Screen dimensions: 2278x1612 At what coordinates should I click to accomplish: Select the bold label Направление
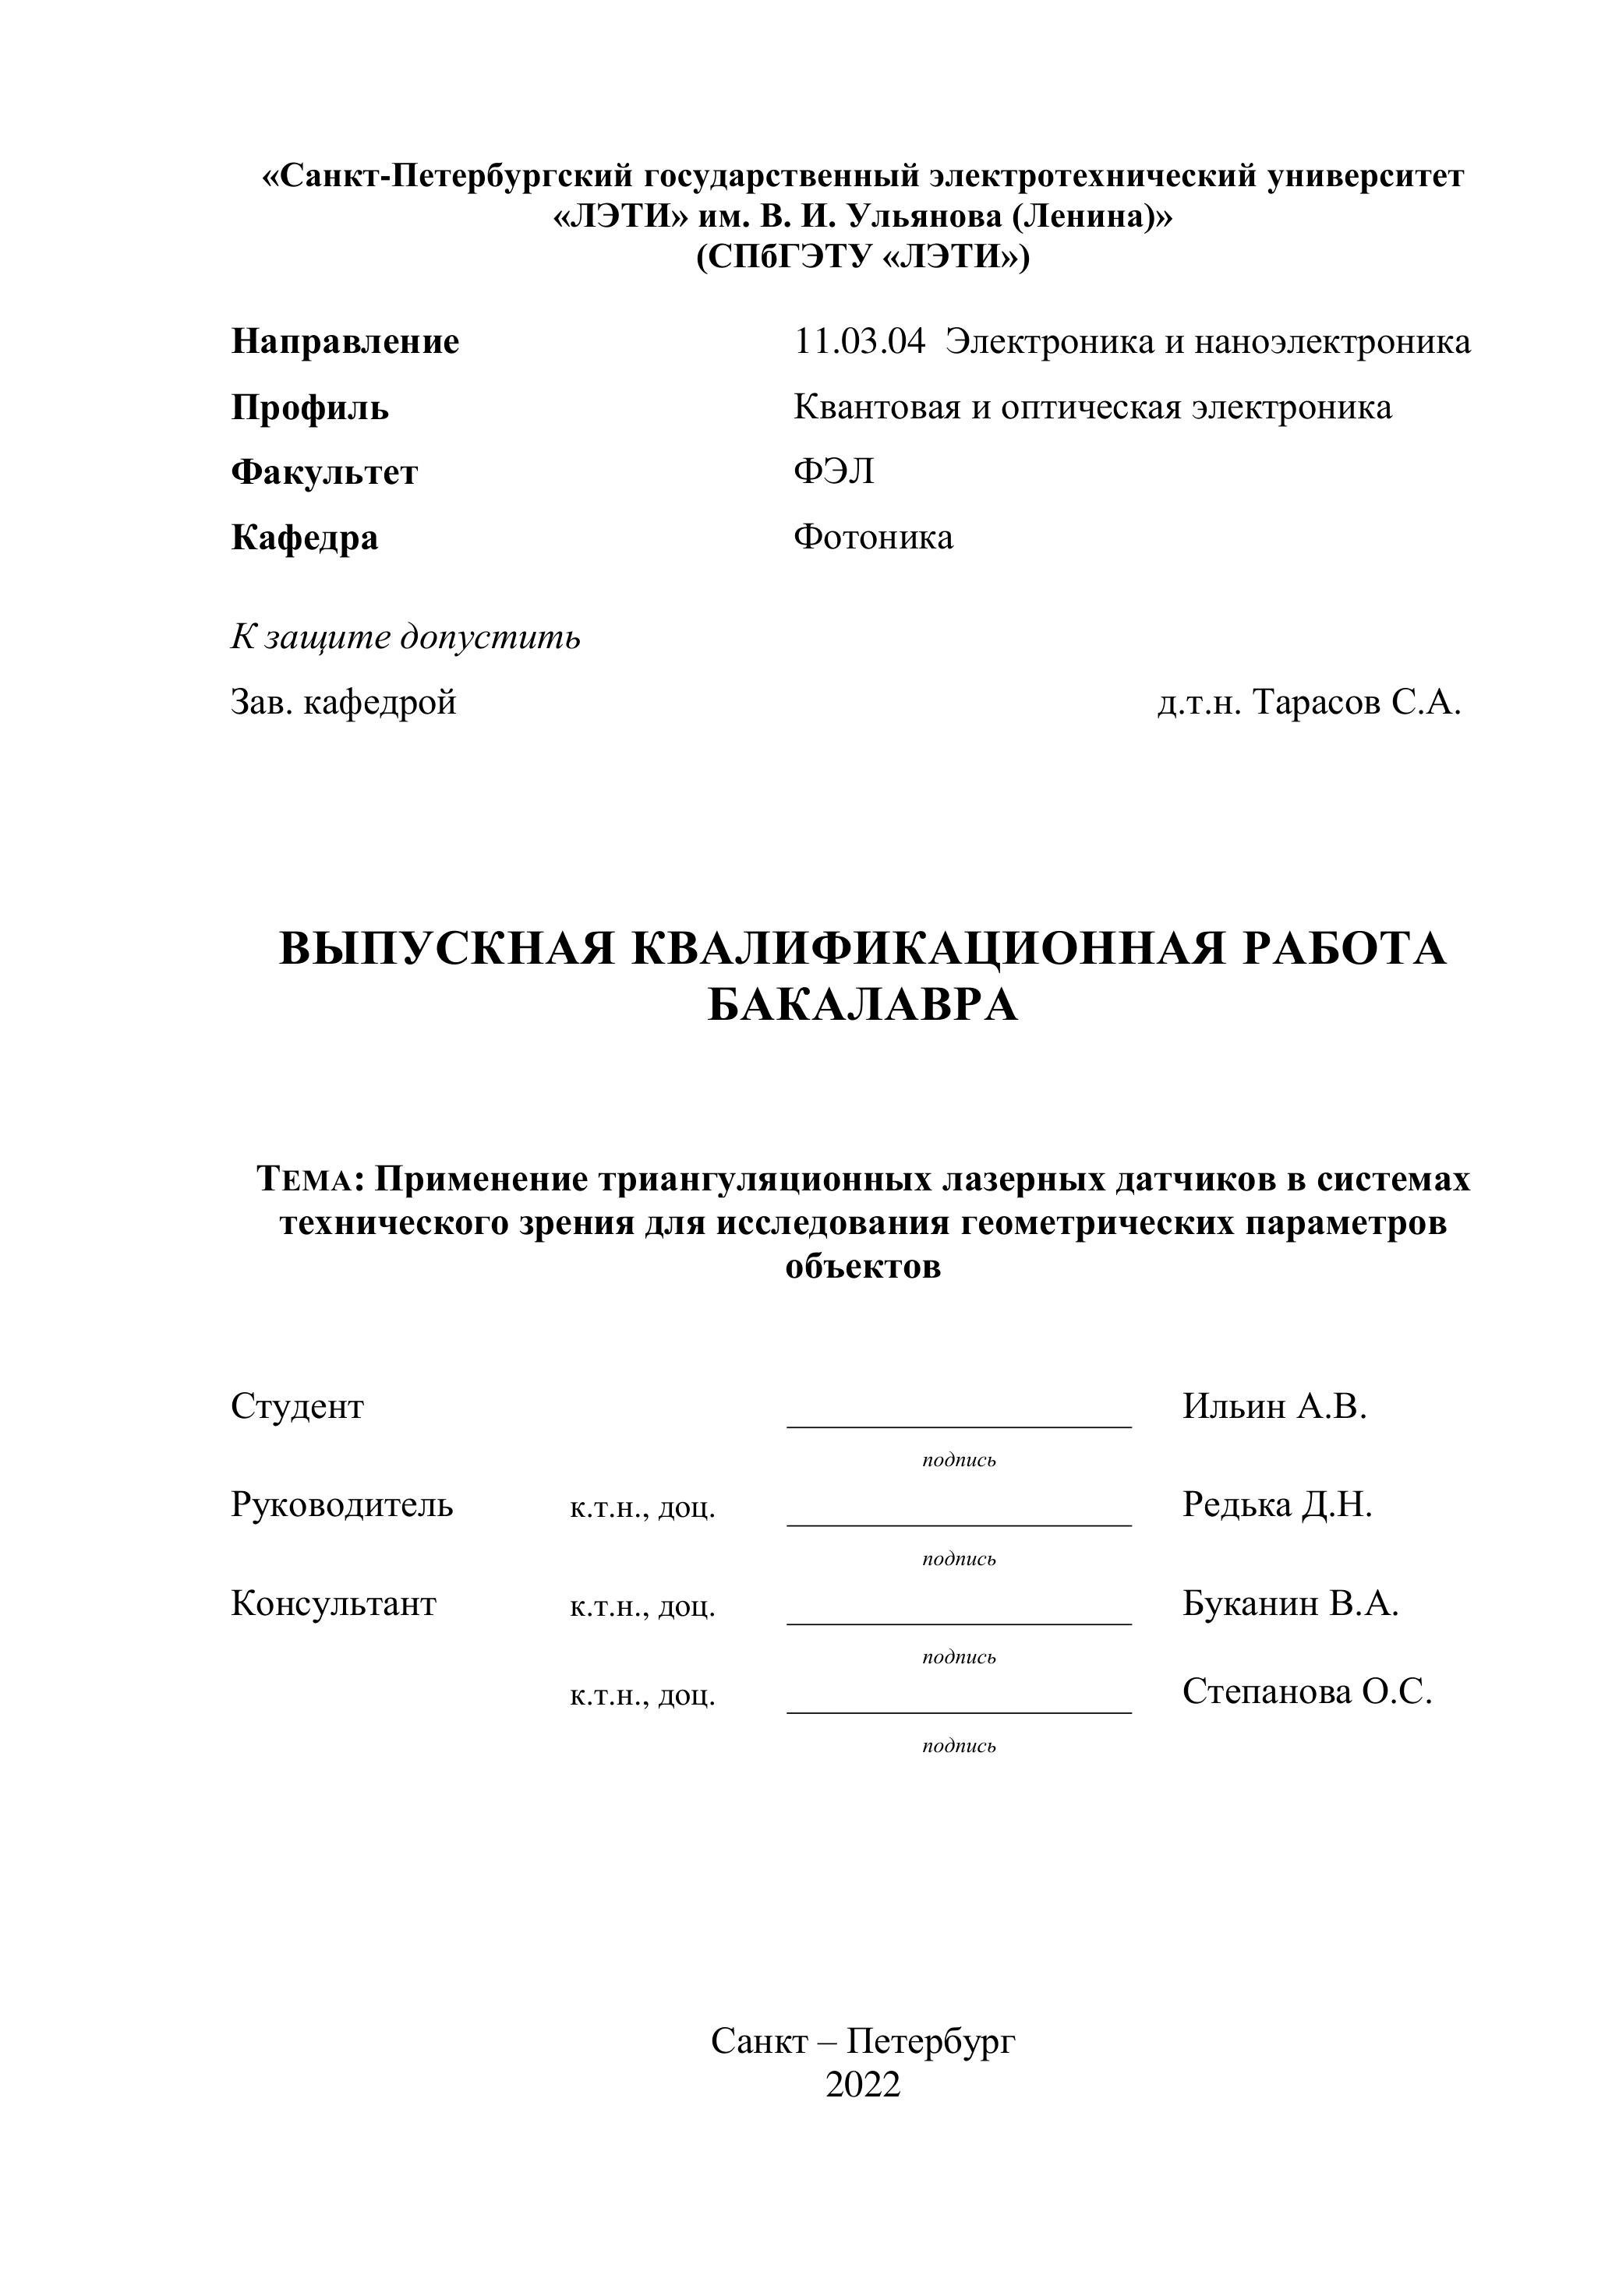click(345, 342)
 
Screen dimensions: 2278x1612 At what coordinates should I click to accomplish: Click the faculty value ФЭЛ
click(834, 472)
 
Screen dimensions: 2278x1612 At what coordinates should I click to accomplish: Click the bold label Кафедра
click(304, 538)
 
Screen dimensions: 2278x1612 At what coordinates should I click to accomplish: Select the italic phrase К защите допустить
click(405, 637)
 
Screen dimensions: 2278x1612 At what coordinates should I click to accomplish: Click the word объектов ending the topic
click(863, 1267)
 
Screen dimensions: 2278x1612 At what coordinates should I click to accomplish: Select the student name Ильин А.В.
click(1274, 1406)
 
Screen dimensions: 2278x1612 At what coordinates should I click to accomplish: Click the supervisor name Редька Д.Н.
click(1277, 1505)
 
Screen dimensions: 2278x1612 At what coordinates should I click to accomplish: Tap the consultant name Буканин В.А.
click(1289, 1603)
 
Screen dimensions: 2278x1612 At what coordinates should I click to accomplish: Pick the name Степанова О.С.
click(1306, 1691)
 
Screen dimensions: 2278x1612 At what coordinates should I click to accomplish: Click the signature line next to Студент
click(959, 1425)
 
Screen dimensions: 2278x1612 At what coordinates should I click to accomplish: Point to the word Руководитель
click(341, 1505)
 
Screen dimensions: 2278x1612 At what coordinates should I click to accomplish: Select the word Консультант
click(334, 1603)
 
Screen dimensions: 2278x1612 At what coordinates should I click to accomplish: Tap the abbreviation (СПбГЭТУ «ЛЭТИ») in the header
click(863, 257)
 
